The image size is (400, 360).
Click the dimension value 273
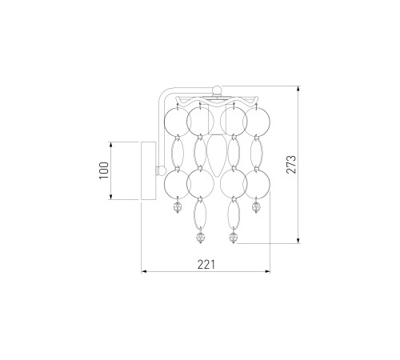click(291, 165)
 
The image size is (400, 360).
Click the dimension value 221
click(206, 265)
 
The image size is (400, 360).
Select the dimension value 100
click(104, 170)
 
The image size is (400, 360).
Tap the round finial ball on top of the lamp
click(217, 90)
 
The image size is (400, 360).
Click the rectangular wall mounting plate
click(148, 170)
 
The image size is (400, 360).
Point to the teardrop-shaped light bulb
click(217, 155)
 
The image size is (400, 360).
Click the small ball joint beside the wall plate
click(161, 170)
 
